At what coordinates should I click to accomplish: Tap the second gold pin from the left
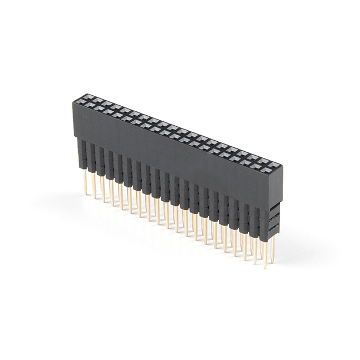coord(94,186)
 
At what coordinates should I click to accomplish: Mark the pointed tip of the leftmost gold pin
coord(86,193)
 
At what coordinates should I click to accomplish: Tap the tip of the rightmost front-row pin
coord(265,267)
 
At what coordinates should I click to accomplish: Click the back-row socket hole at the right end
coord(272,164)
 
